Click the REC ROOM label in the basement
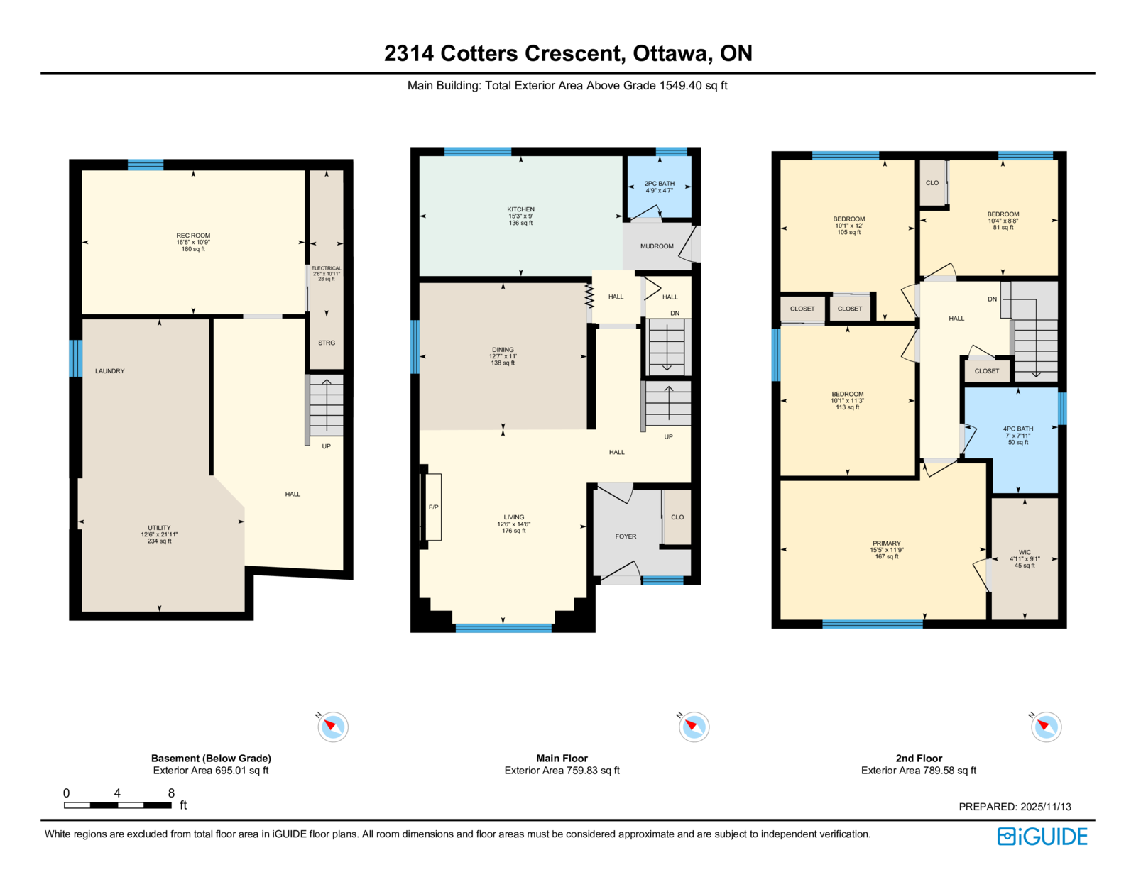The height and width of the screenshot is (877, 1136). click(x=193, y=236)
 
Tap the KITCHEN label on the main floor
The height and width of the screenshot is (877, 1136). click(x=520, y=209)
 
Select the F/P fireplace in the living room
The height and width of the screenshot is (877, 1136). click(x=433, y=507)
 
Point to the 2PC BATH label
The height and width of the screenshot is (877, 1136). click(x=659, y=184)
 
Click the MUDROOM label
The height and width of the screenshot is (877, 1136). click(x=657, y=246)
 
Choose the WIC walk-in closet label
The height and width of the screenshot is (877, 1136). click(x=1025, y=552)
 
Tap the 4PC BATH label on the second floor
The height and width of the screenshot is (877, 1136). click(x=1018, y=429)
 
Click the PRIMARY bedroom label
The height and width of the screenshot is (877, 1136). click(x=887, y=544)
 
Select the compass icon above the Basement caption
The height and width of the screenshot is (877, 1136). click(x=332, y=727)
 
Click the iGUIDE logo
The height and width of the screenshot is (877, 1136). click(x=1042, y=837)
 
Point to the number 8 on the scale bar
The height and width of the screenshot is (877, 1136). click(x=171, y=793)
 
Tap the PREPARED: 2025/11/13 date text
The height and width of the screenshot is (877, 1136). click(x=1015, y=807)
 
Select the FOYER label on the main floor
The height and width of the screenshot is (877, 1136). click(x=626, y=536)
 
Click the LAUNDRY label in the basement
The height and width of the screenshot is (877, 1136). click(x=110, y=371)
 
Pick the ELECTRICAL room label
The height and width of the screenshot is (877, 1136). click(x=326, y=268)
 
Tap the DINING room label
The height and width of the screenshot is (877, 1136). click(x=503, y=349)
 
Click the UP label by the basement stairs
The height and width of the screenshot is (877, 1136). click(x=326, y=446)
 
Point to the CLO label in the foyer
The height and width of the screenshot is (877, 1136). click(x=677, y=517)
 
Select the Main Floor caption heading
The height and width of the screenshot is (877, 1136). click(x=562, y=758)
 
